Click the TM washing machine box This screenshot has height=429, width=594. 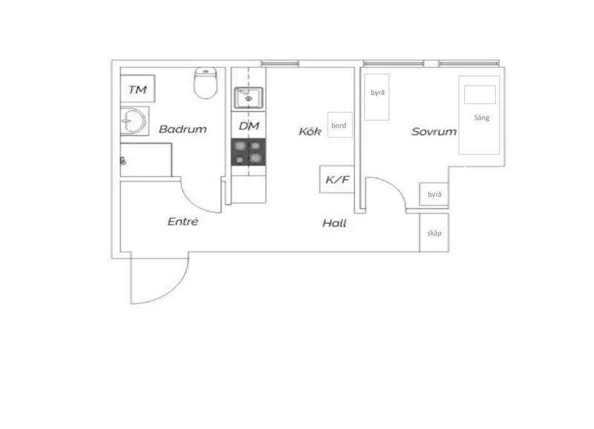coord(137,90)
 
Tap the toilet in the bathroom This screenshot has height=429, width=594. coord(205,84)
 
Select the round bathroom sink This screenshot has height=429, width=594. coord(134,120)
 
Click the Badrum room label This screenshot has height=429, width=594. coord(183,129)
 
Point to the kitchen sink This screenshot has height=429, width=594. coord(247,97)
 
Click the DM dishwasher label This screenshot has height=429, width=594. coord(248,126)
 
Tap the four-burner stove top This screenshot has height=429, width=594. coord(248,151)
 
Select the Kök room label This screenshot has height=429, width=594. coord(310,132)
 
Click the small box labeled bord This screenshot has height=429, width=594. coord(339,126)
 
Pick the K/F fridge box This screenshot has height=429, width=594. coord(336,179)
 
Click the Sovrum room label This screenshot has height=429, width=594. coord(434,132)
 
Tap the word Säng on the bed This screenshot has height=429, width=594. coord(482,117)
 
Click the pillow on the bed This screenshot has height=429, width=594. coord(480,94)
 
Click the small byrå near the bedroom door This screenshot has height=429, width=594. coord(434,195)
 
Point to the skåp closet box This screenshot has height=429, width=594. coord(434,233)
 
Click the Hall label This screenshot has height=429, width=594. coord(334,223)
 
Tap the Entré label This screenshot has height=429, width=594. coord(183,222)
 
